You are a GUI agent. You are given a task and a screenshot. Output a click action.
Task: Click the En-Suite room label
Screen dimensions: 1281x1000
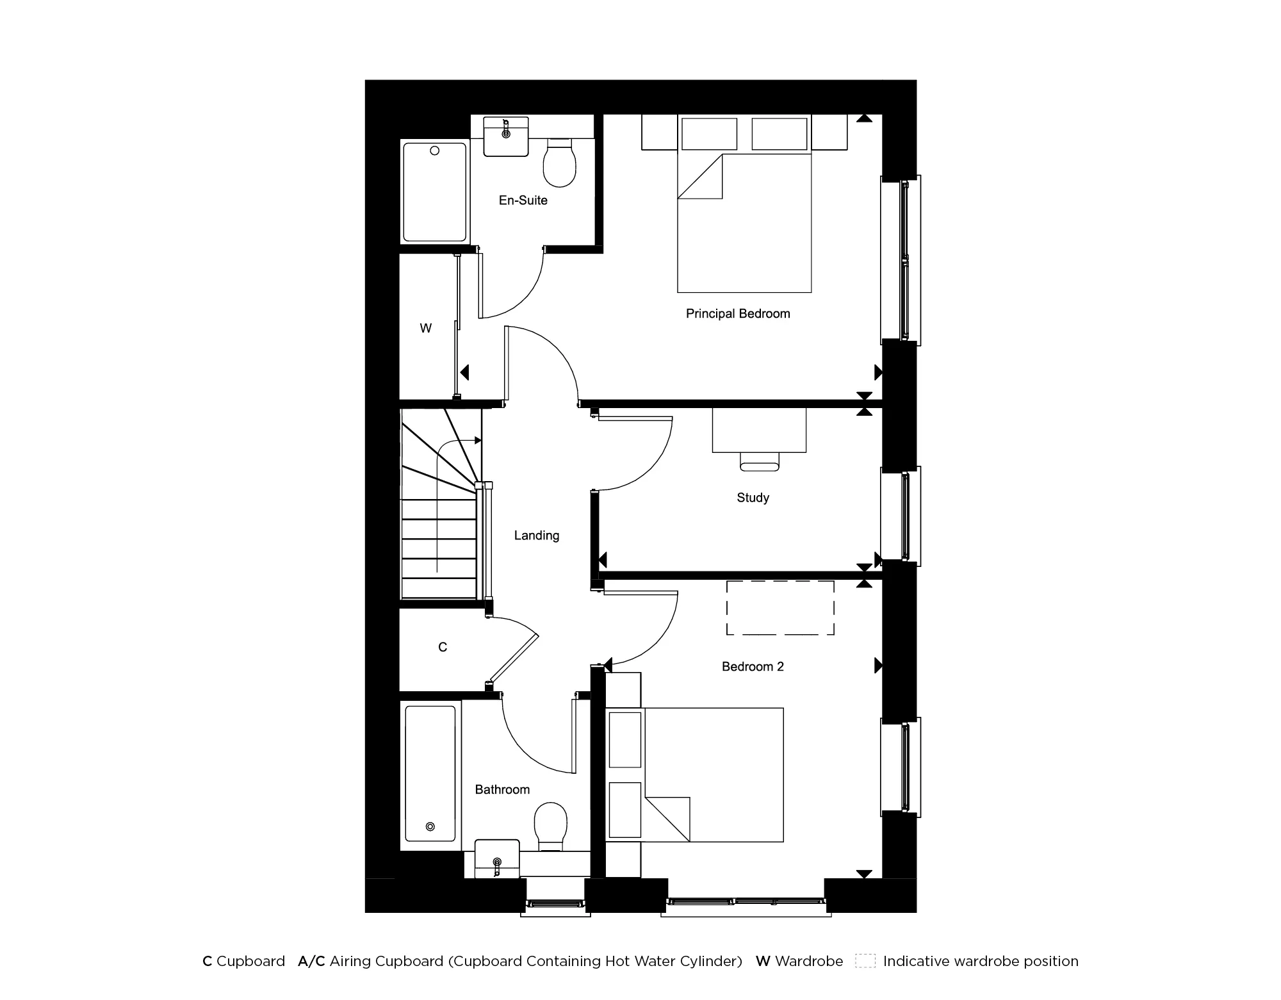[523, 201]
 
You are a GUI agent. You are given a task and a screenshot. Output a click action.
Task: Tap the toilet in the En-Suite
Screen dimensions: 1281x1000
[559, 163]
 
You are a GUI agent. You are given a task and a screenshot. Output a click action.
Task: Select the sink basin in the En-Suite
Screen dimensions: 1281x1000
[506, 136]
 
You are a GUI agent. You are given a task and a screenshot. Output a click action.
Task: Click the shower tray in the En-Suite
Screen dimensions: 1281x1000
[435, 192]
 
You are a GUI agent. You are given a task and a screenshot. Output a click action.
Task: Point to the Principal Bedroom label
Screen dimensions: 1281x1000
[738, 314]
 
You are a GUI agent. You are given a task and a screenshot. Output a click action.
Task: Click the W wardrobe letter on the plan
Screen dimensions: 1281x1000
[426, 329]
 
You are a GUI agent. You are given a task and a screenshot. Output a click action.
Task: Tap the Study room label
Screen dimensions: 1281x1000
[753, 498]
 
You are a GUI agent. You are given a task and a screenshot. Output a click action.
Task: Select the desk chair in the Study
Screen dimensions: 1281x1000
[760, 461]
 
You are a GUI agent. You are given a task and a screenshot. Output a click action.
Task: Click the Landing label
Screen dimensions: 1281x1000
[537, 536]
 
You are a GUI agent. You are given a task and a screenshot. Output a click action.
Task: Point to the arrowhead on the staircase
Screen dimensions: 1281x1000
[477, 440]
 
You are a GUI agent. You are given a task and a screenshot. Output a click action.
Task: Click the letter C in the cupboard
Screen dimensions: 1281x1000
[443, 648]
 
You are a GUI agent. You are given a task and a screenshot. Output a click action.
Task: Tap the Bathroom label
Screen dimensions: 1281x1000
[502, 790]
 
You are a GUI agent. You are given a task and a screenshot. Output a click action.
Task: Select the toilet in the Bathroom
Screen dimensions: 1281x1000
[550, 826]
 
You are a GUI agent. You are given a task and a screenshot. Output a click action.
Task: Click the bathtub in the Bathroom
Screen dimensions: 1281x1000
[431, 775]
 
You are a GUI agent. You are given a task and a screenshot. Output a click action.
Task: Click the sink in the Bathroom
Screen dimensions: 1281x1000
[497, 858]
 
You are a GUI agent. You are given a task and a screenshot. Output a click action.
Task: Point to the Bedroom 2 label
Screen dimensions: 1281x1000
[753, 667]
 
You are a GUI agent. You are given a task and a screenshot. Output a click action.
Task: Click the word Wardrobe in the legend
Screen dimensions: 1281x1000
[809, 961]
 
